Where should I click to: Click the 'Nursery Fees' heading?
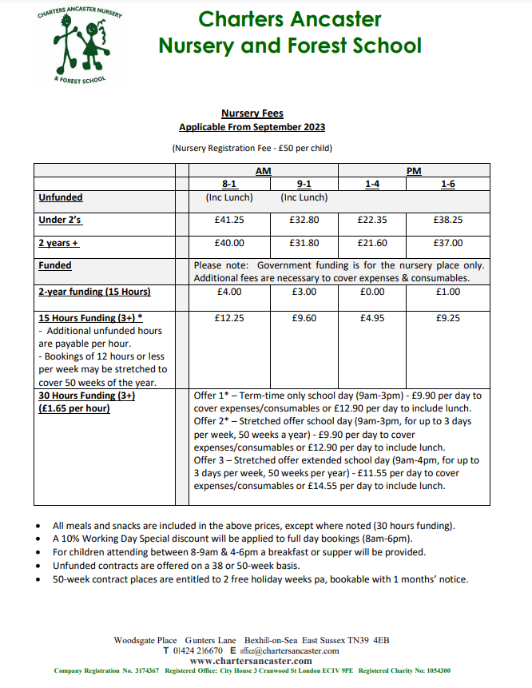point(252,114)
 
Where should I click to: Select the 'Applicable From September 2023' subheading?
point(252,127)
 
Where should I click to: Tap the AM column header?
point(263,171)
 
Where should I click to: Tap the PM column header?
point(414,171)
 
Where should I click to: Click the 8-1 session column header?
point(228,184)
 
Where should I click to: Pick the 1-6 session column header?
point(448,184)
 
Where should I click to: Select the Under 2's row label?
point(61,220)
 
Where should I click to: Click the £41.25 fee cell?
point(229,220)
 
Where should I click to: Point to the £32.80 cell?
point(304,220)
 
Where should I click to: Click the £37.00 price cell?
point(448,243)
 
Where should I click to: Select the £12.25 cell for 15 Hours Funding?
point(229,318)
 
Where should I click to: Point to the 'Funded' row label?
point(55,265)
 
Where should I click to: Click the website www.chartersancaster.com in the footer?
point(252,662)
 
